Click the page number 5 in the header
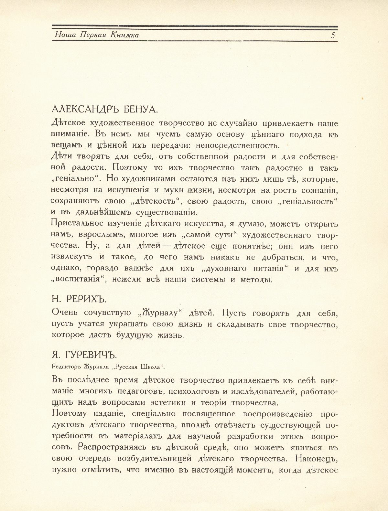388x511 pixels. pyautogui.click(x=333, y=35)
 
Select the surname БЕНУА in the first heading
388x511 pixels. pyautogui.click(x=141, y=110)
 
